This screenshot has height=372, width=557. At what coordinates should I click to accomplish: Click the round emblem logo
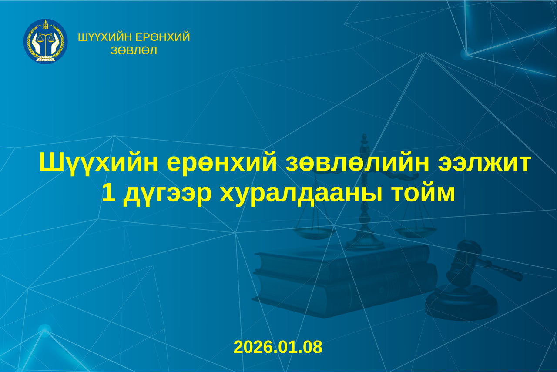coord(45,41)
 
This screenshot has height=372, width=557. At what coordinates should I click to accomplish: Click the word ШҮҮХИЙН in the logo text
coord(102,37)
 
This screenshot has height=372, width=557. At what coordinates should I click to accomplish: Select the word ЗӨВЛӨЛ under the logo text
coord(134,50)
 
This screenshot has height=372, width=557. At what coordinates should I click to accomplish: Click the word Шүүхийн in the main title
coord(98,163)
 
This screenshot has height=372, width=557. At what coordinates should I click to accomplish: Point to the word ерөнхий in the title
coord(222,163)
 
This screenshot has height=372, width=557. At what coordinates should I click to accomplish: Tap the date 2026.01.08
coord(278,347)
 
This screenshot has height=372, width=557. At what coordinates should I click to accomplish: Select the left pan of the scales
coord(313,232)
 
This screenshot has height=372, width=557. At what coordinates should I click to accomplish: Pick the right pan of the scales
coord(415,232)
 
